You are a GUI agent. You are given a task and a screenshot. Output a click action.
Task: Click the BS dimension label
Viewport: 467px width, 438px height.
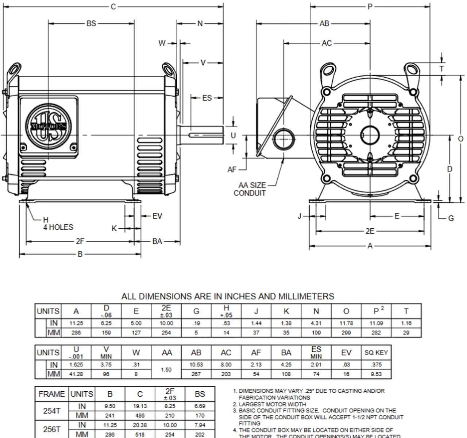91,23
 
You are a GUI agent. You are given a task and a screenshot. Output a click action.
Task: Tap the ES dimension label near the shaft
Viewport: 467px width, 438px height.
207,98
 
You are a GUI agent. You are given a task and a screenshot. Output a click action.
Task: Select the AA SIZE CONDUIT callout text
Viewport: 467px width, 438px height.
250,189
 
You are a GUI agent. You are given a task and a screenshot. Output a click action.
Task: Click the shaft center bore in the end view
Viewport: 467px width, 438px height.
370,135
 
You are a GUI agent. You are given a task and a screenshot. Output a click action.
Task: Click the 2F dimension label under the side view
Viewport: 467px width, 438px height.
80,241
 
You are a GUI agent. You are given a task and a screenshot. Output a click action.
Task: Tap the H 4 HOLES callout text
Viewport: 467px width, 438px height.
58,224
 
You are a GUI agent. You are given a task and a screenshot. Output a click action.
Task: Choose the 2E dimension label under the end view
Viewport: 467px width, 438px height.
370,231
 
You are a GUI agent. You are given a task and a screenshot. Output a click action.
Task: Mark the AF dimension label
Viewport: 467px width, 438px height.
232,170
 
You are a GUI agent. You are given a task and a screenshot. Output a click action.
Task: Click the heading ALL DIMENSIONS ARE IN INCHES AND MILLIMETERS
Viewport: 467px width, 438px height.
227,296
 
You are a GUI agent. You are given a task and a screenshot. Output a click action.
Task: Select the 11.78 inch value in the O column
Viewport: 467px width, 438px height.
346,323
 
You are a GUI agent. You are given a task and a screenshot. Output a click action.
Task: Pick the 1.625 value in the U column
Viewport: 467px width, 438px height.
76,365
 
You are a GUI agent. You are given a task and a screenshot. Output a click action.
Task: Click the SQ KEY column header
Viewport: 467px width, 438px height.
376,353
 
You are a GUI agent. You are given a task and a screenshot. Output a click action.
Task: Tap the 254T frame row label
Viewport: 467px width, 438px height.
51,411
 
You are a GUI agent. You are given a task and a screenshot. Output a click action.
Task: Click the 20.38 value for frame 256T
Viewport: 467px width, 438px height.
140,425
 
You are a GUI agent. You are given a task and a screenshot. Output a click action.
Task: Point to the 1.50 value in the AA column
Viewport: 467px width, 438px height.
166,369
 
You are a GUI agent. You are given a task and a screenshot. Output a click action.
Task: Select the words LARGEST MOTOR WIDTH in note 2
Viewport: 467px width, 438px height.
272,404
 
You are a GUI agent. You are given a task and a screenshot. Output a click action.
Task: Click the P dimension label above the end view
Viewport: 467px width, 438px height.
370,7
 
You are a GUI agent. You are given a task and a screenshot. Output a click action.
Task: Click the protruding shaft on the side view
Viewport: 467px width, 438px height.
204,135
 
